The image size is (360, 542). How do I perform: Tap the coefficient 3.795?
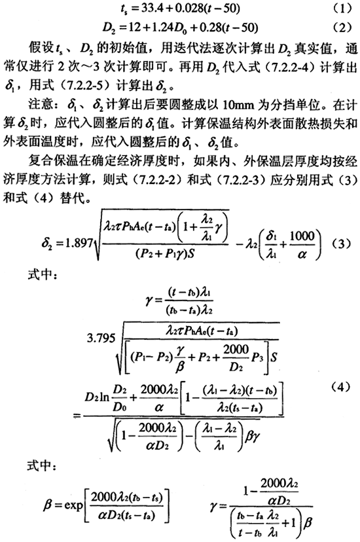[x=101, y=337]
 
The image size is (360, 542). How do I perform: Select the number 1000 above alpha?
[x=302, y=236]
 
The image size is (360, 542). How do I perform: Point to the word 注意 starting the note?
[x=40, y=105]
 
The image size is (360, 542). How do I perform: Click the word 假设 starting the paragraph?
[x=40, y=47]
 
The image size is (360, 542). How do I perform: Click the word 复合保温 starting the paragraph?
[x=52, y=161]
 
